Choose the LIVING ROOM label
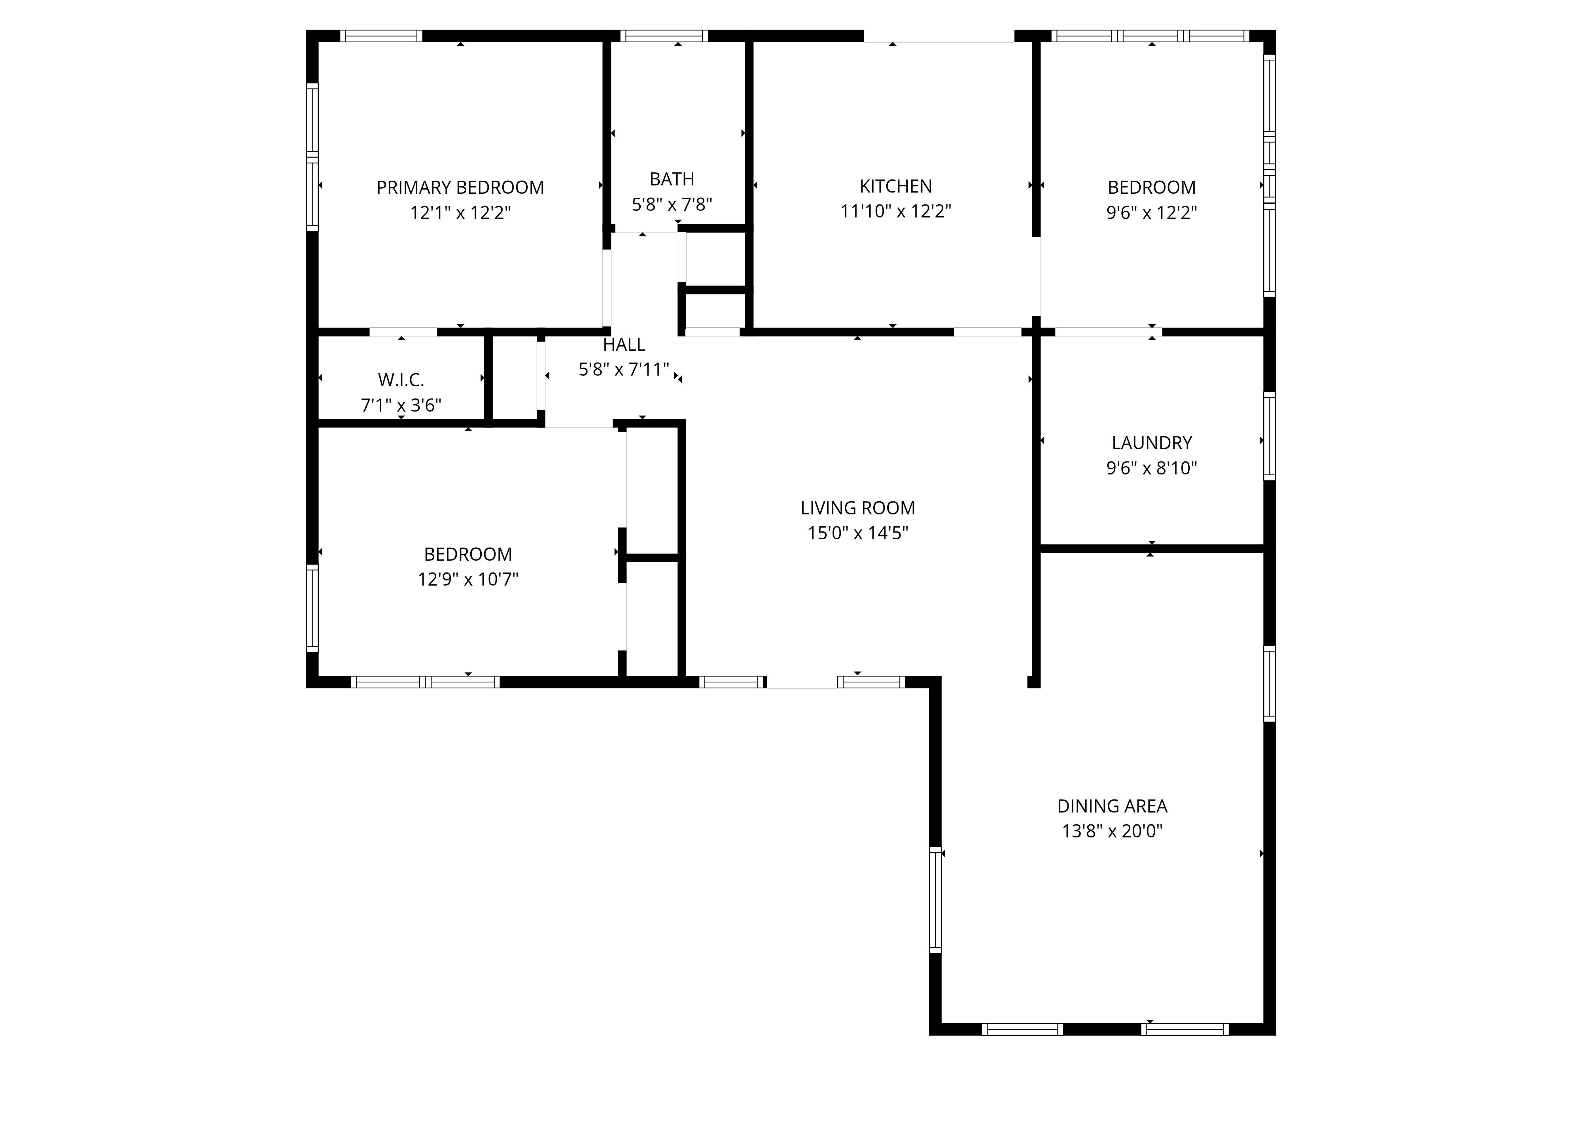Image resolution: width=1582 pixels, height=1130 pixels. [x=857, y=508]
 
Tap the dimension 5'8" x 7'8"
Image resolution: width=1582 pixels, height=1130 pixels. [x=672, y=204]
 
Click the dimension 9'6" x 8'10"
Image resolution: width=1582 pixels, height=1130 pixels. [x=1152, y=468]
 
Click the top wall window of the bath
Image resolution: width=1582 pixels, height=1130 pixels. [x=664, y=36]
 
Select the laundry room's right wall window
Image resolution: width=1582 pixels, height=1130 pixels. [x=1270, y=436]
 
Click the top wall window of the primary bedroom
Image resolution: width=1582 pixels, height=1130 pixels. [x=381, y=36]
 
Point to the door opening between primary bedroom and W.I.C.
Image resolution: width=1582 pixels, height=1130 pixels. [x=403, y=332]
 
